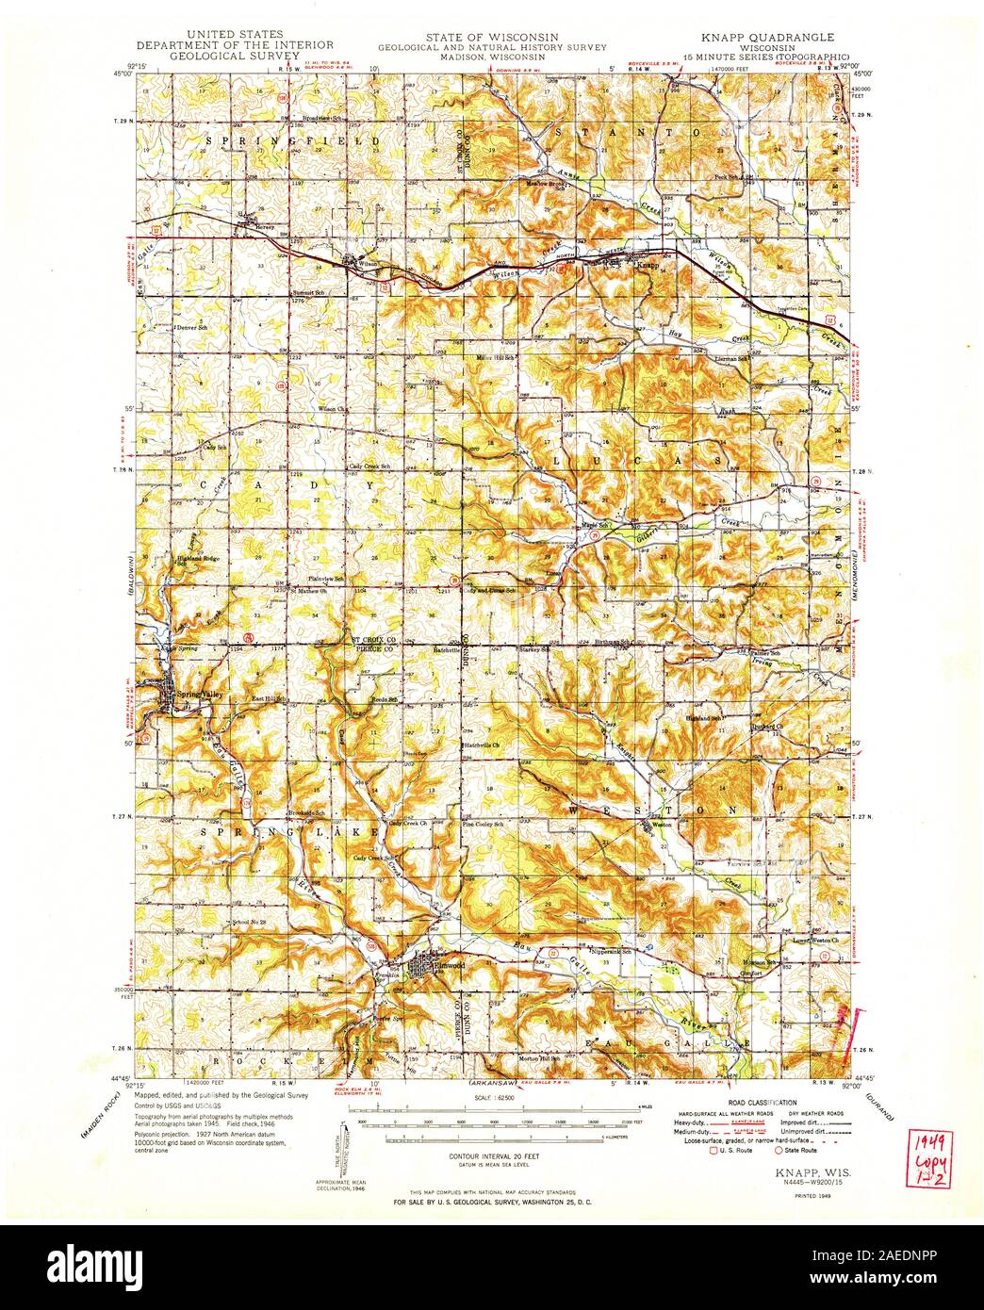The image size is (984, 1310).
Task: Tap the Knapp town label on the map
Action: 647,267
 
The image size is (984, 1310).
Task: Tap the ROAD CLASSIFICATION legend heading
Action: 763,1102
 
